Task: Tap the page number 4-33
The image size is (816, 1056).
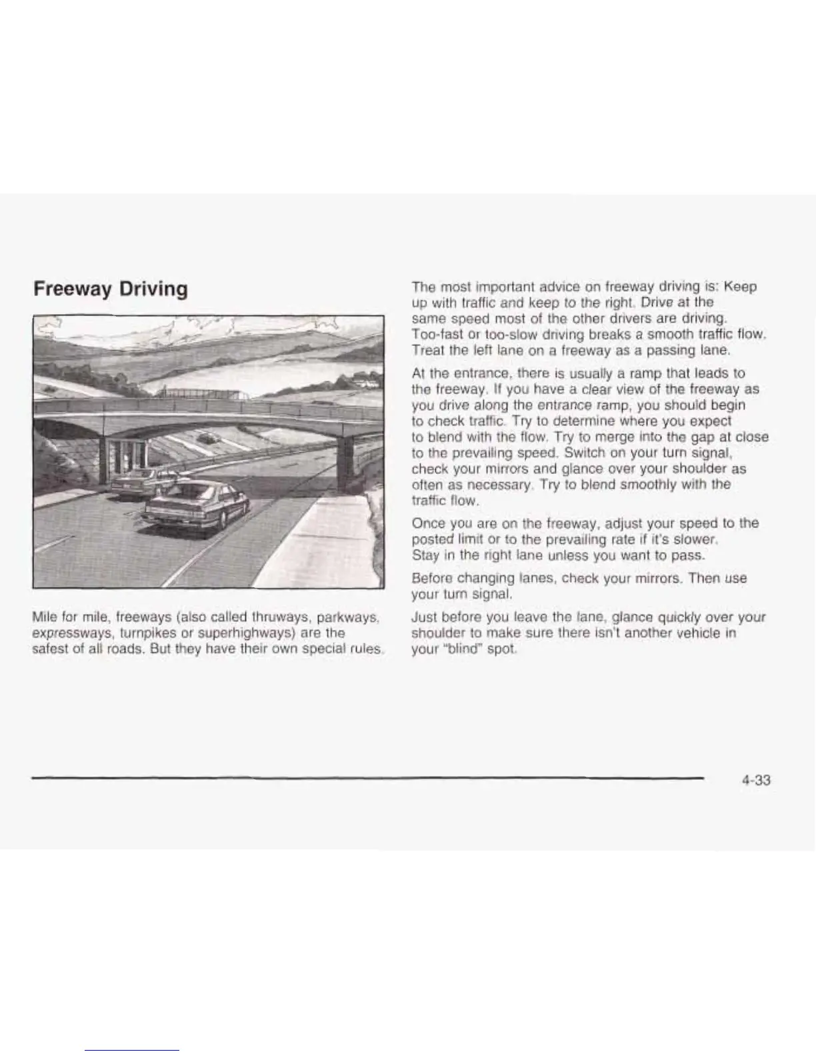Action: (755, 781)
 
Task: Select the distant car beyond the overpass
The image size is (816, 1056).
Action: (210, 437)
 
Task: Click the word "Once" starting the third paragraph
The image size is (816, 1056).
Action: (428, 523)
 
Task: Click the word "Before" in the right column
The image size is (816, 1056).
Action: (433, 578)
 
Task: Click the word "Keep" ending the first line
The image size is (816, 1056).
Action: (740, 286)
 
